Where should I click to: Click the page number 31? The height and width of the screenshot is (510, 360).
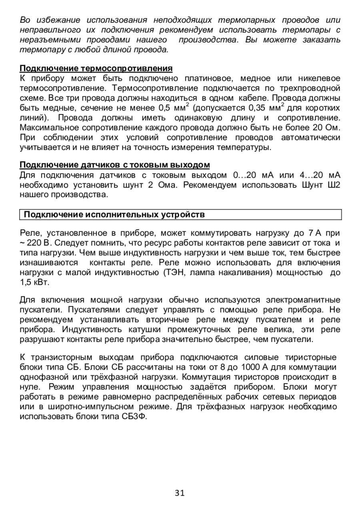pyautogui.click(x=180, y=493)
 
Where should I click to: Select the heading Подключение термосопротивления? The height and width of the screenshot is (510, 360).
pyautogui.click(x=96, y=68)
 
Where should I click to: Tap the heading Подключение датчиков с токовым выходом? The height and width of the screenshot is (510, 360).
pyautogui.click(x=115, y=165)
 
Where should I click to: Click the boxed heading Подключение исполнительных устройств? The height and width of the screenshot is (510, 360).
pyautogui.click(x=114, y=215)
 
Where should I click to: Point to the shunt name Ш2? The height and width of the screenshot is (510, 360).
pyautogui.click(x=333, y=185)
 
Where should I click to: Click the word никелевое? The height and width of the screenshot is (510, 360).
pyautogui.click(x=319, y=78)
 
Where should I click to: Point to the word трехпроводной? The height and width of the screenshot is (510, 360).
pyautogui.click(x=311, y=88)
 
